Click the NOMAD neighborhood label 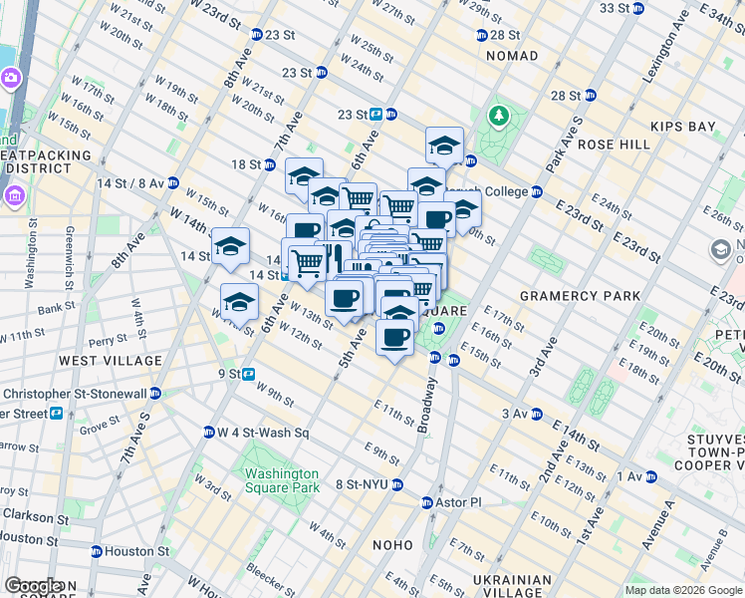tap(512, 57)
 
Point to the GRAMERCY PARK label tap(571, 296)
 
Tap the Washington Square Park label tap(282, 480)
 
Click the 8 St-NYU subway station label tap(365, 484)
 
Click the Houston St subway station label tap(136, 551)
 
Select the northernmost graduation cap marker tap(444, 146)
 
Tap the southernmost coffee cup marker tap(394, 337)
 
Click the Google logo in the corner tap(33, 586)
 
